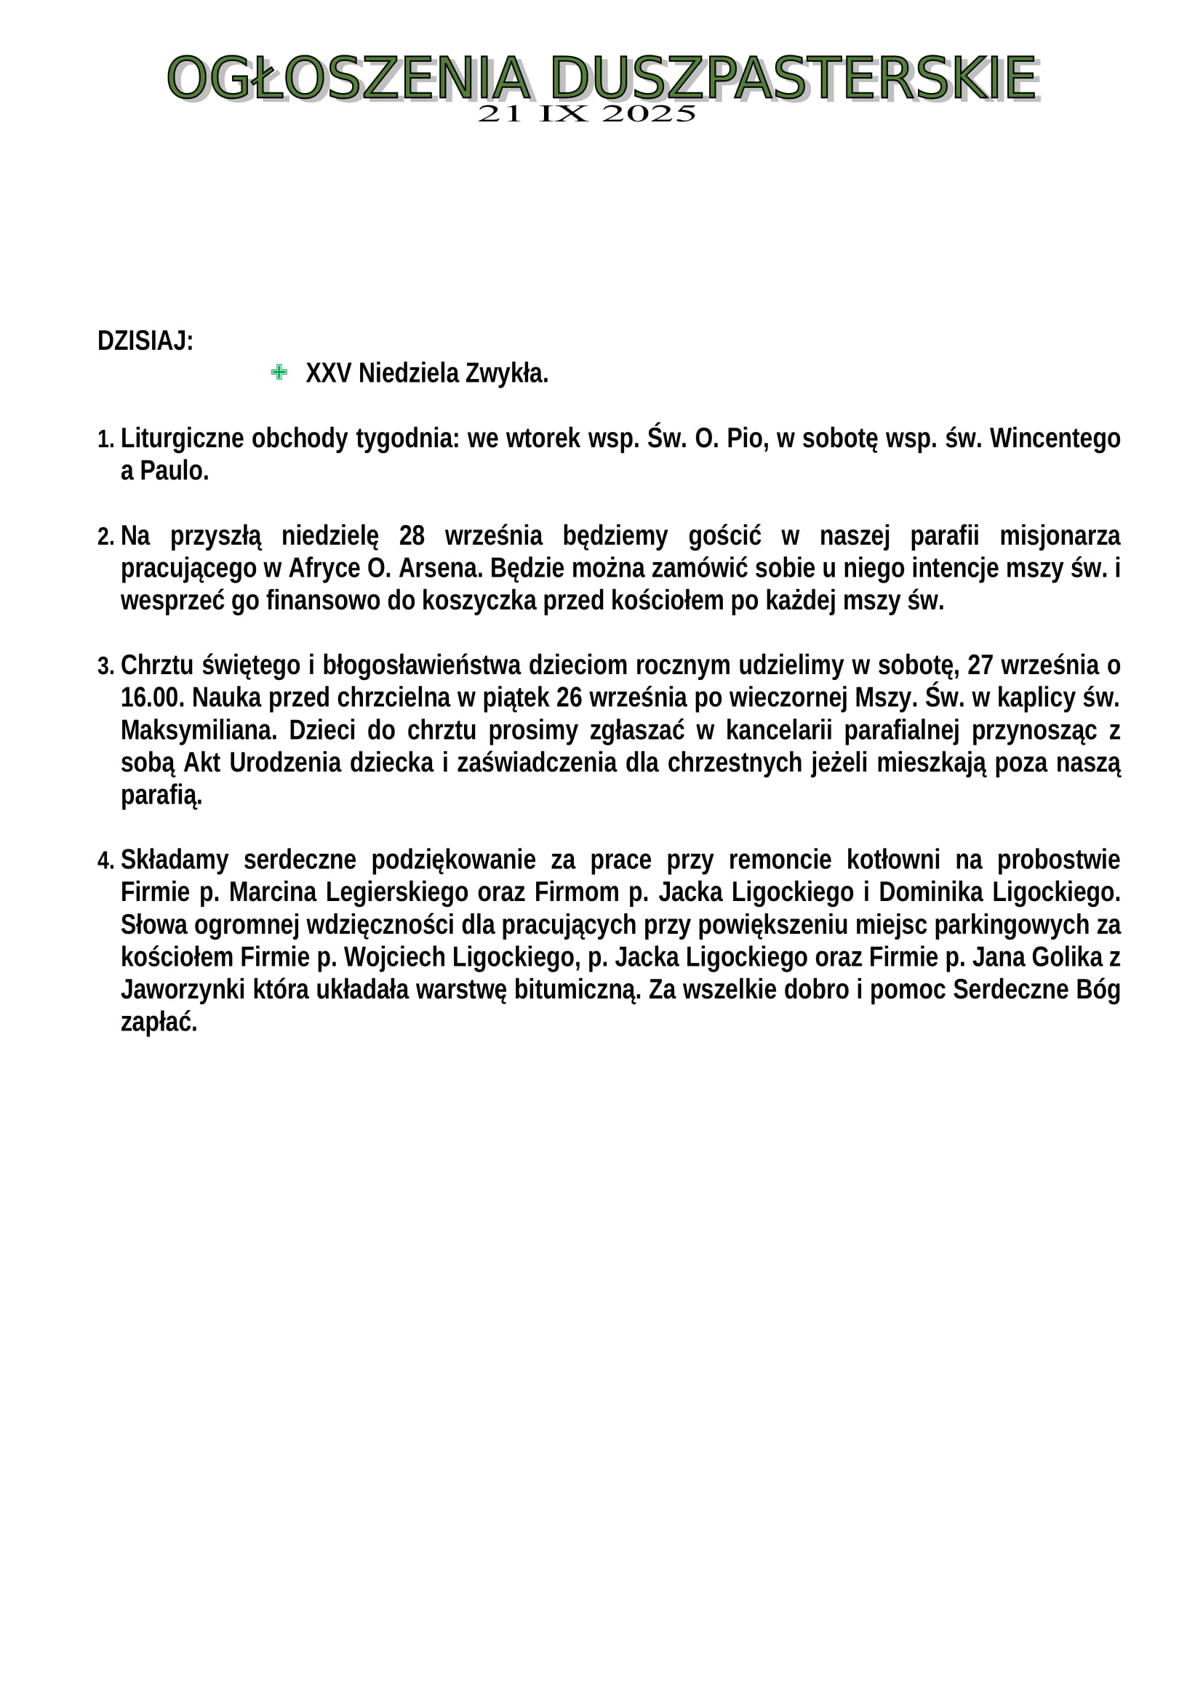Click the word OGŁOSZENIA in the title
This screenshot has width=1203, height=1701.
[348, 78]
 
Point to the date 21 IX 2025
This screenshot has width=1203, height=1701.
[587, 114]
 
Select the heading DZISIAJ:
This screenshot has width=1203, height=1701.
[145, 342]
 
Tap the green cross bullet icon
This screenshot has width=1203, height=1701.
[279, 372]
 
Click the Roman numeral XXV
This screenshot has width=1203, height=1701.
[328, 373]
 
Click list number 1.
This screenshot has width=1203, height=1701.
[105, 439]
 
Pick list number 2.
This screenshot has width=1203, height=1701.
[105, 537]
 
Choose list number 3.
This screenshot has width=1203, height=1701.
[105, 667]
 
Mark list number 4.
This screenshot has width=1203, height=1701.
[105, 862]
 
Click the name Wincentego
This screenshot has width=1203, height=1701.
[1055, 439]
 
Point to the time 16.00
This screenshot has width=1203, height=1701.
[152, 698]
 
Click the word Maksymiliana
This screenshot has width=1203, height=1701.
[199, 730]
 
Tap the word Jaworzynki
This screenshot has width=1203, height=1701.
[183, 990]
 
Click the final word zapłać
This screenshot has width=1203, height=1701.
[159, 1023]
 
